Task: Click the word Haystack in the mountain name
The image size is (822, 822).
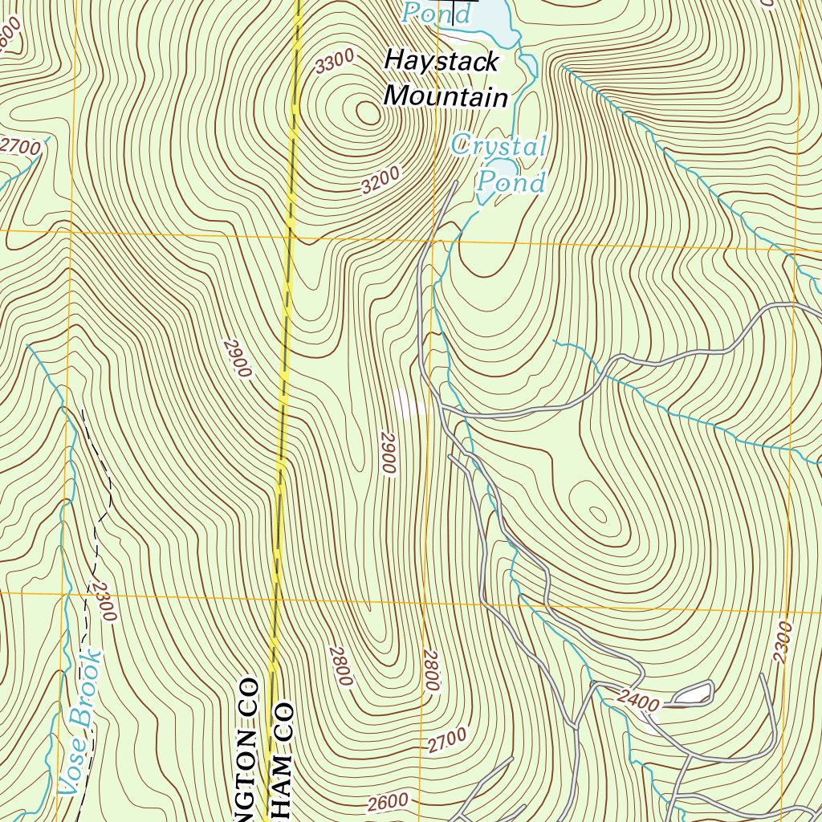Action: point(442,61)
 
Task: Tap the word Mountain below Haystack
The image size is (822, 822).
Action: point(446,97)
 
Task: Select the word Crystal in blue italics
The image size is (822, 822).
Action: point(498,146)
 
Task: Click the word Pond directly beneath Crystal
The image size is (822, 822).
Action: point(511,183)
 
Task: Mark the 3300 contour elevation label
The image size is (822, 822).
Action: point(335,62)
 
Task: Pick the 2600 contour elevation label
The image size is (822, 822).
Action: point(389,802)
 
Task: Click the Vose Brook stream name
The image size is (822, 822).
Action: point(82,722)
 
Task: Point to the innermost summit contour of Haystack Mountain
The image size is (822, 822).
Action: point(368,113)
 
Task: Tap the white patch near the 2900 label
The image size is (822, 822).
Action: point(409,403)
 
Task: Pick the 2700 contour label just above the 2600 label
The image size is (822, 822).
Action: point(446,740)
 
